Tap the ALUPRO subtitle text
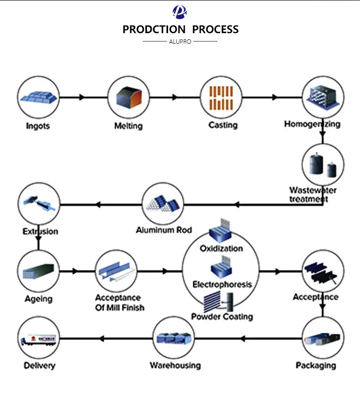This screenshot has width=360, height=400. click(180, 42)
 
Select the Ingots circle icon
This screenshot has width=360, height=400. click(39, 97)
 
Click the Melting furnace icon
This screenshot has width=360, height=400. click(128, 97)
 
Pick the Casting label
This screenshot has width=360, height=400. click(223, 125)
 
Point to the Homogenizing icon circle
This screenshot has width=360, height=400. click(322, 97)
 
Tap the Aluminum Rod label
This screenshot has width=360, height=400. click(164, 230)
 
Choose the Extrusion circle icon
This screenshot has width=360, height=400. click(39, 204)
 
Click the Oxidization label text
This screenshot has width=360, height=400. click(221, 249)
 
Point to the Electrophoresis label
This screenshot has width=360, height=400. click(222, 284)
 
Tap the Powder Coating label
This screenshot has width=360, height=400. click(222, 317)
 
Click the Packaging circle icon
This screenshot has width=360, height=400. click(323, 338)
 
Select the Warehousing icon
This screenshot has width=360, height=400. click(175, 338)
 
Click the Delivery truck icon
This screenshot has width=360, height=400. click(39, 338)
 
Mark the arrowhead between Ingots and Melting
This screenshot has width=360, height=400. click(82, 97)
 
